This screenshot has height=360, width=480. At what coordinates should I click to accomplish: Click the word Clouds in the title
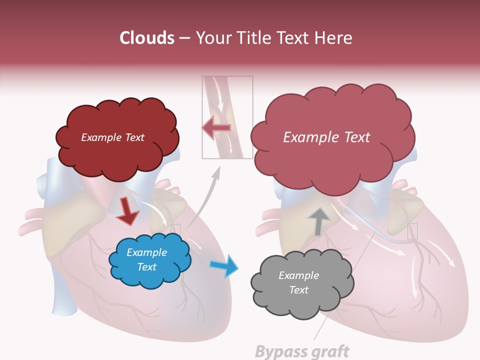click(x=147, y=38)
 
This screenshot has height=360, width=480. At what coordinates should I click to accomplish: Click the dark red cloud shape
click(x=117, y=150)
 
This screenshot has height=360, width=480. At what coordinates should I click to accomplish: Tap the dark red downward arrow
click(x=127, y=211)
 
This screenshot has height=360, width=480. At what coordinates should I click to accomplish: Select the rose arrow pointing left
click(x=216, y=128)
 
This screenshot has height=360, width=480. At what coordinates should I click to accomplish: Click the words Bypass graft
click(x=302, y=351)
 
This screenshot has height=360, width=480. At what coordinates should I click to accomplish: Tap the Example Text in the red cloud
click(x=112, y=137)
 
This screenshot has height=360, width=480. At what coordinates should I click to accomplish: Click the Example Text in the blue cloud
click(x=146, y=259)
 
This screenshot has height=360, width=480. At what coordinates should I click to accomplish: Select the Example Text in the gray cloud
click(x=298, y=282)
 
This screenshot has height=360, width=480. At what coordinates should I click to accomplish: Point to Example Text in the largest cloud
click(x=326, y=137)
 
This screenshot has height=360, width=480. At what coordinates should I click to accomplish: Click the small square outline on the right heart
click(x=412, y=231)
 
